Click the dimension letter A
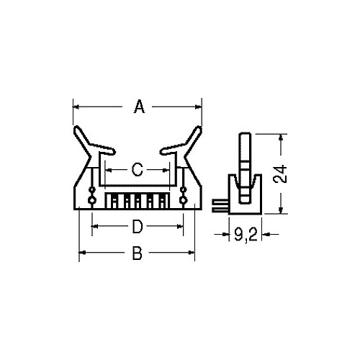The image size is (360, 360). click(x=140, y=107)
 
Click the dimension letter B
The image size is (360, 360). click(x=138, y=253)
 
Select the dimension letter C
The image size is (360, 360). click(x=138, y=170)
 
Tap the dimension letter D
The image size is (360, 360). click(x=138, y=227)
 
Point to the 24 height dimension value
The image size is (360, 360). click(x=281, y=174)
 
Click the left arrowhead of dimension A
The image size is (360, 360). click(x=76, y=107)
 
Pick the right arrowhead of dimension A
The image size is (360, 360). click(x=199, y=107)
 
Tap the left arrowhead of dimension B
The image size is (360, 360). click(x=82, y=253)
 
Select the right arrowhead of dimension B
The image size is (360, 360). click(x=192, y=253)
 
